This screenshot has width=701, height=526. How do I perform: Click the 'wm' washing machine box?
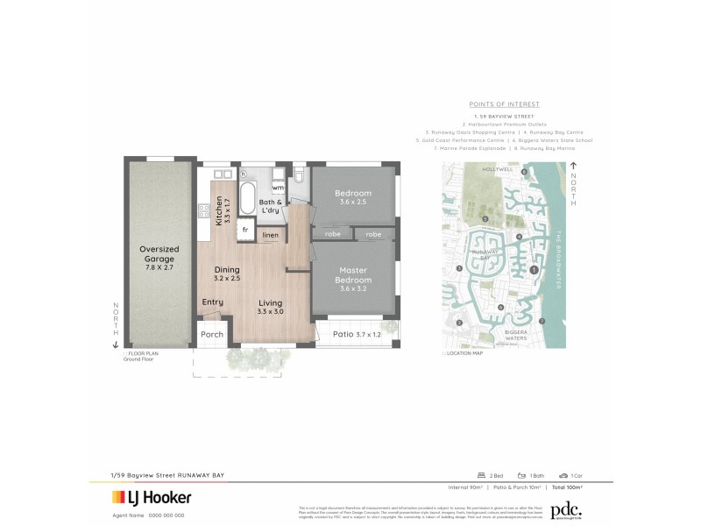[x=277, y=188]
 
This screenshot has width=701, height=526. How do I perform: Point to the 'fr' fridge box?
[x=245, y=230]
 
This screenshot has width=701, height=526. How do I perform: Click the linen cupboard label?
[x=271, y=235]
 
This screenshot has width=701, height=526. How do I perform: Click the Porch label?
[x=212, y=334]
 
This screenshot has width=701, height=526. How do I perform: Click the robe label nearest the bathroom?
[x=332, y=234]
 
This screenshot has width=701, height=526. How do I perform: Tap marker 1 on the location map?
[x=534, y=270]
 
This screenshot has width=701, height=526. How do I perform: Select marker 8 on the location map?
[x=525, y=173]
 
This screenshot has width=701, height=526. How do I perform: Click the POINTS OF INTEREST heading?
[x=504, y=103]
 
